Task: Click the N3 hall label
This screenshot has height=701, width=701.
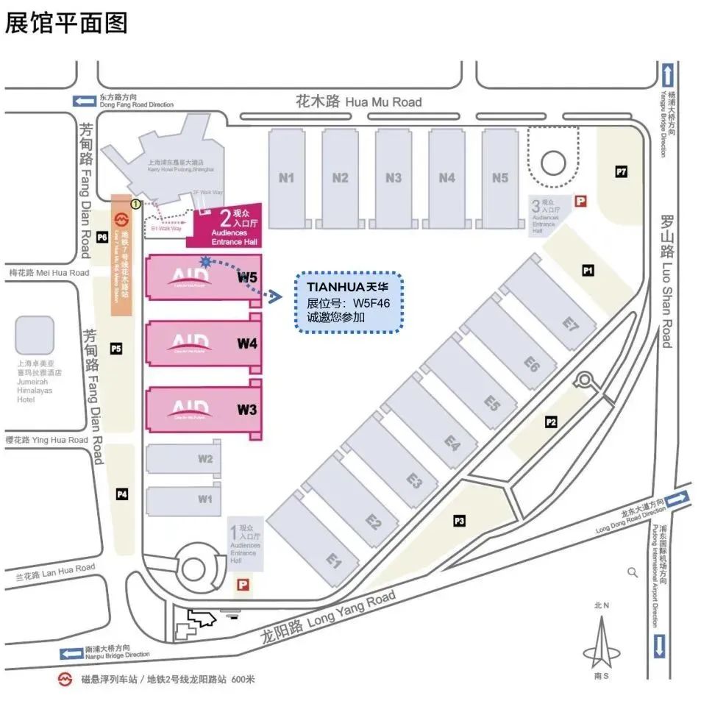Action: click(x=394, y=178)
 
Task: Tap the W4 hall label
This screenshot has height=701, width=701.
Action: click(x=247, y=343)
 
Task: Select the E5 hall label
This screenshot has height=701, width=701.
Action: click(x=492, y=403)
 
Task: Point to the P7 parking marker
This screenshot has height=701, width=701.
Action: click(x=622, y=172)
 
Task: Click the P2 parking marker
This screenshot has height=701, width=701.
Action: click(x=551, y=421)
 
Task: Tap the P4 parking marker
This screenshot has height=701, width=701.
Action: click(x=122, y=494)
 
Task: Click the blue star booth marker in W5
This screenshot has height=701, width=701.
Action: click(x=205, y=261)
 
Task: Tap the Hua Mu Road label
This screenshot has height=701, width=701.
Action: click(x=358, y=102)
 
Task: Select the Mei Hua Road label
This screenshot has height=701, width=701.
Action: click(x=49, y=273)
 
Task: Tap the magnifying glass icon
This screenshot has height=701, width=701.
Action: click(x=633, y=572)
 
